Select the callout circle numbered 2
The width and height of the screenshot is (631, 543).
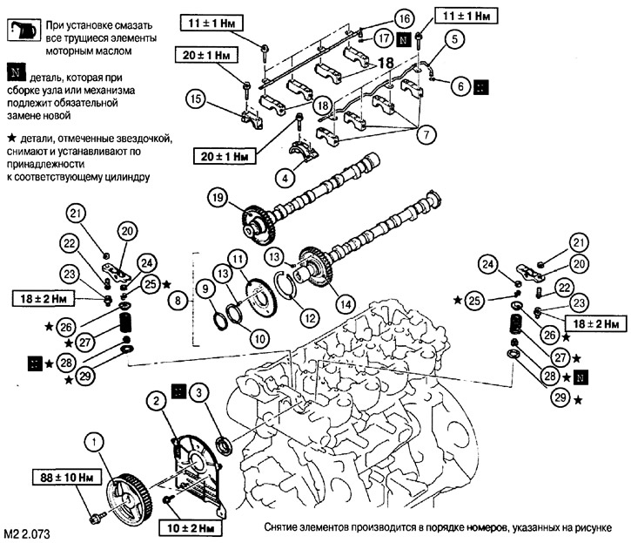(153, 402)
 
